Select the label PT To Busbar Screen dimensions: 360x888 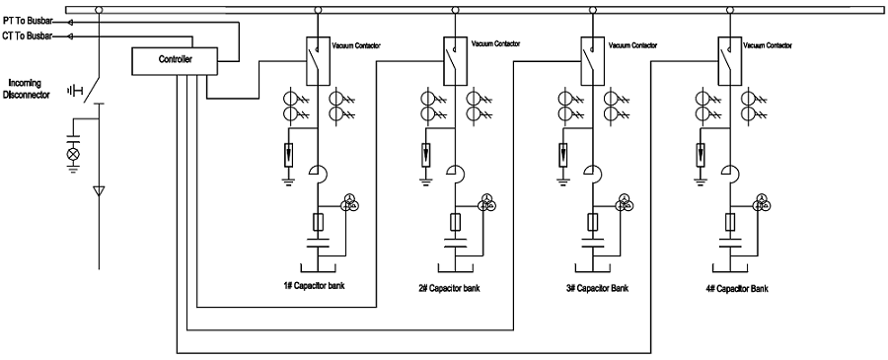click(x=30, y=21)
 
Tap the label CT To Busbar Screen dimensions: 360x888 click(x=30, y=36)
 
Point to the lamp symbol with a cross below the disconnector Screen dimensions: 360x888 click(x=72, y=155)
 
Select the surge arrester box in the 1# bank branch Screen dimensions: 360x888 click(x=287, y=155)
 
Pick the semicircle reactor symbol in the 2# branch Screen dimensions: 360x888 click(x=457, y=175)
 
